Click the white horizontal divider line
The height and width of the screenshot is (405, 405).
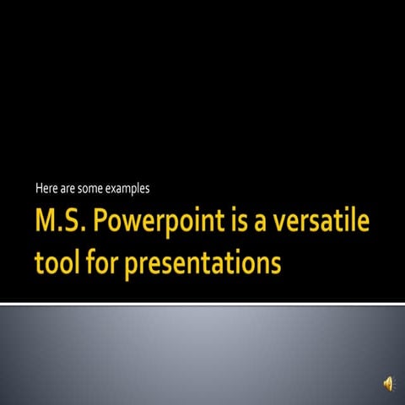coord(202,303)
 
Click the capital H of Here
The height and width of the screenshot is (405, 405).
coord(39,187)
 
